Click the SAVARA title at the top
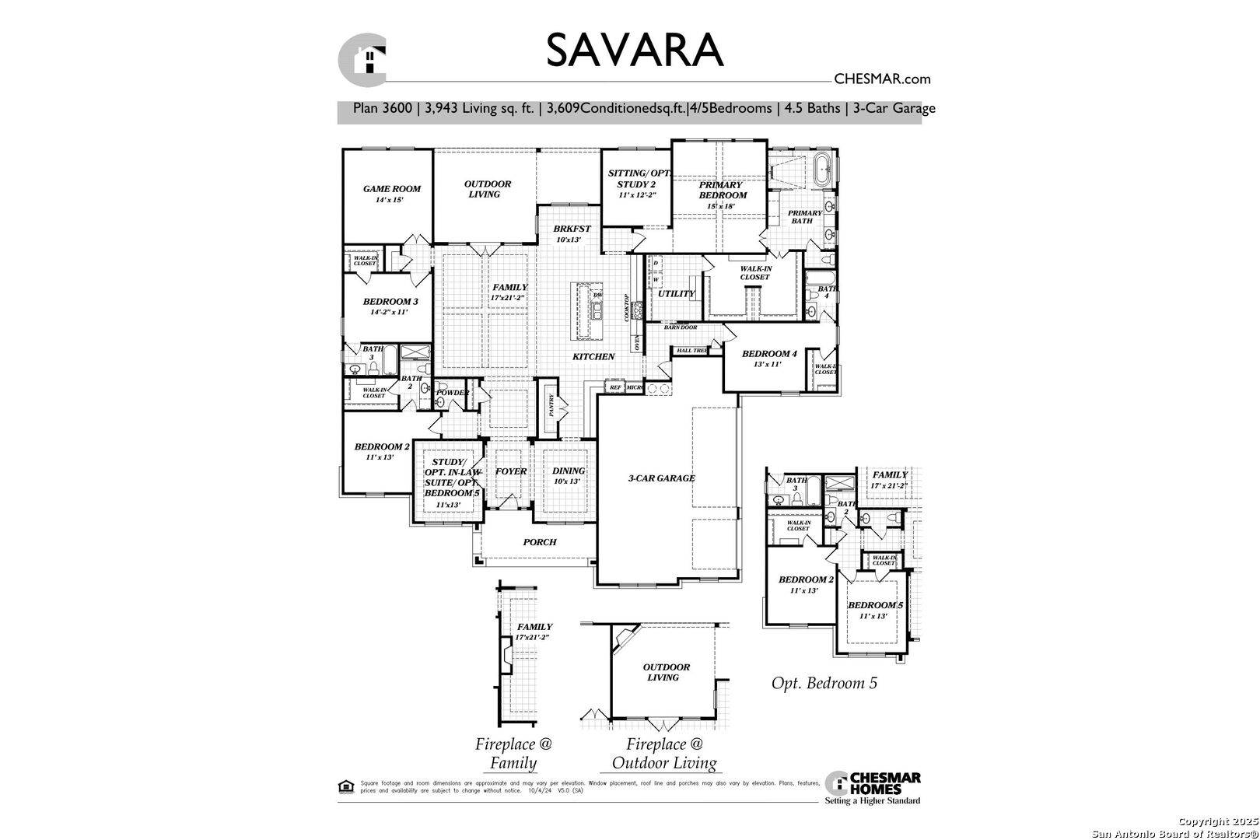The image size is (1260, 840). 634,51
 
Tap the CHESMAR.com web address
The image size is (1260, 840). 882,79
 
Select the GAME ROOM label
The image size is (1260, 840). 392,189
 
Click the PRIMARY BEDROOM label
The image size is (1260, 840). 721,191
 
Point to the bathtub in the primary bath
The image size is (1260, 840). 821,172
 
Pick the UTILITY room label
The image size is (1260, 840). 676,294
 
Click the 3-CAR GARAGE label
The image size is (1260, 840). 661,478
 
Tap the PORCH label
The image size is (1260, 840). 539,542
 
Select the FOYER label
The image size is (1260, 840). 511,471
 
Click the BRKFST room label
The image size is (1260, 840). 572,229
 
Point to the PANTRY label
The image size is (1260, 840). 551,404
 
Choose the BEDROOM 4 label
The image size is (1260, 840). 769,354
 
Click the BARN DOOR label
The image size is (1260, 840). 681,327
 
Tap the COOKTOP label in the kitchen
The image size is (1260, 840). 625,306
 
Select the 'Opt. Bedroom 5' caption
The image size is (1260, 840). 824,684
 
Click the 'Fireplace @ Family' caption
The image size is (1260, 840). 513,753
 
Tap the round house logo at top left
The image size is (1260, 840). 362,59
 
